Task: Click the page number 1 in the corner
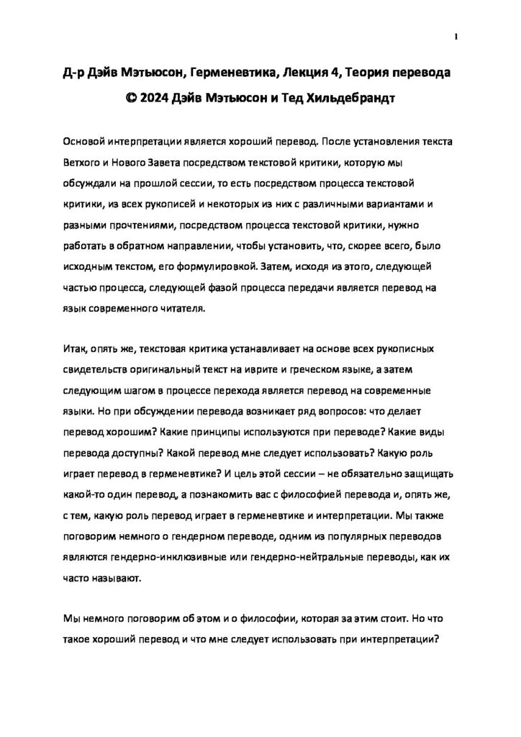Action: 457,36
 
